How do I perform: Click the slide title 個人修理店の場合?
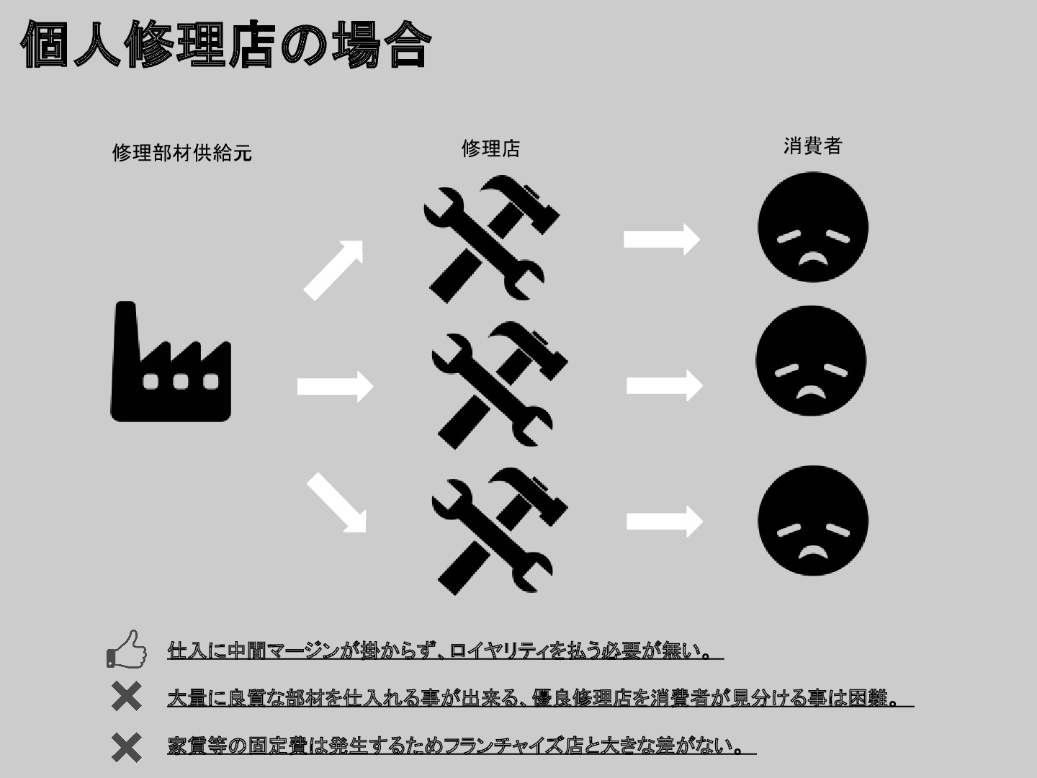point(226,44)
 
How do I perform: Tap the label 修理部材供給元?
point(182,153)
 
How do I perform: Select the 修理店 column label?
point(491,149)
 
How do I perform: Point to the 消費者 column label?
point(812,146)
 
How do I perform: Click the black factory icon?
point(171,362)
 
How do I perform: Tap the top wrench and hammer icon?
point(491,239)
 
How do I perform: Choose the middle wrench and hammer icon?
point(500,385)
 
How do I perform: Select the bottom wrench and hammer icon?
point(500,531)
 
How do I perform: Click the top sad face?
point(813,227)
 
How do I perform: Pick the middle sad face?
point(811,361)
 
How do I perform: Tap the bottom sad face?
point(813,521)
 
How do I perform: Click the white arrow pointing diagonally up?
point(333,270)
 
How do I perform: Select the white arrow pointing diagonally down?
point(336,503)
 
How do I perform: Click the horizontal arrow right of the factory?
point(336,386)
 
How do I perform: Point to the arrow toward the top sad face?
point(662,239)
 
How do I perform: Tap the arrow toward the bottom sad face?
point(665,522)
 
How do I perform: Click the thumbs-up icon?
point(126,650)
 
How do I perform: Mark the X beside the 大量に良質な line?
point(127,697)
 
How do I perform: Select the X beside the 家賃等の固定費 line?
point(127,748)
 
